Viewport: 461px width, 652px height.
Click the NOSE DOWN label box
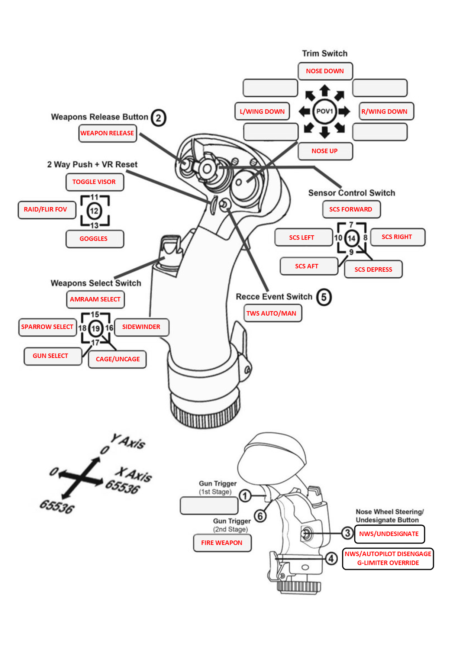(x=325, y=71)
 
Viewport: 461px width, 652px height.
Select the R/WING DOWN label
(x=386, y=111)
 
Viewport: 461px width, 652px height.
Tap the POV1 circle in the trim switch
(x=325, y=111)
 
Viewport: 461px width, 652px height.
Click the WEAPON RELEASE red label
(x=107, y=133)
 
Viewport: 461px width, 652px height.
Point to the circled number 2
(x=158, y=118)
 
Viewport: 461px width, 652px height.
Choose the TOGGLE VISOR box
(x=94, y=182)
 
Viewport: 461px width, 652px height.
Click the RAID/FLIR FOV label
(x=46, y=209)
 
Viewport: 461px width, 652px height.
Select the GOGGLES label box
(x=94, y=239)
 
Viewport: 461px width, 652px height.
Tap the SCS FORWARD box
(x=351, y=209)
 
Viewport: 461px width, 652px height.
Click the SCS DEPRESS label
(x=373, y=269)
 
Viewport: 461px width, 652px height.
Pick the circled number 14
(x=351, y=238)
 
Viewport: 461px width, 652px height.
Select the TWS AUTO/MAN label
(x=272, y=313)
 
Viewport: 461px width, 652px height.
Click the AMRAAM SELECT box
(x=95, y=299)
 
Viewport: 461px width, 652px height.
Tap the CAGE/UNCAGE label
(x=117, y=359)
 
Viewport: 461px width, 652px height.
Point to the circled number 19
(x=96, y=328)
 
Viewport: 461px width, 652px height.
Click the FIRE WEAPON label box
(x=222, y=543)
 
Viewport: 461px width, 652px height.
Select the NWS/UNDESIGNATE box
(x=389, y=534)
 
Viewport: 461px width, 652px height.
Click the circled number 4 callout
(x=331, y=558)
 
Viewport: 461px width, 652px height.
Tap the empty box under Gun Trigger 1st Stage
(x=209, y=506)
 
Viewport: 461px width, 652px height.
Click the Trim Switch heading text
(x=325, y=54)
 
